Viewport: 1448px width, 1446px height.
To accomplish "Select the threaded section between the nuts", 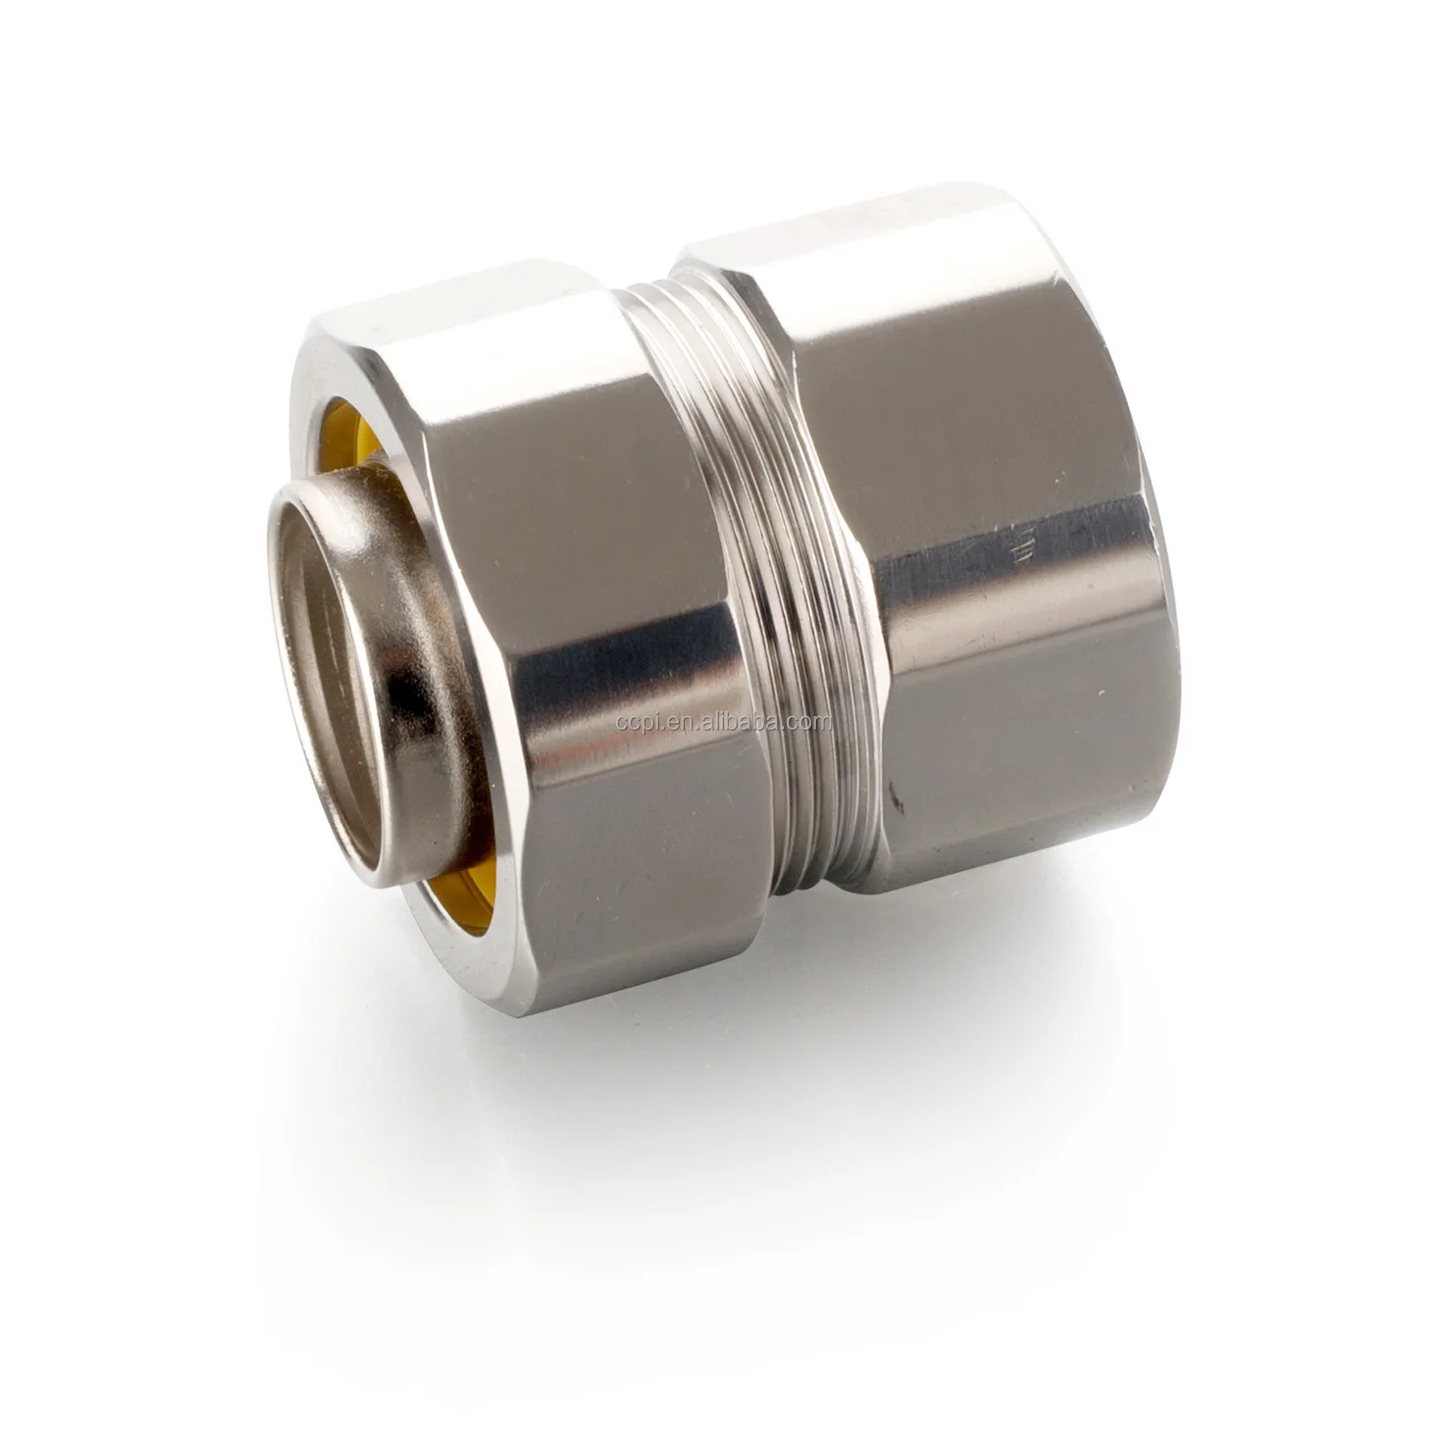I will click(x=755, y=628).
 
